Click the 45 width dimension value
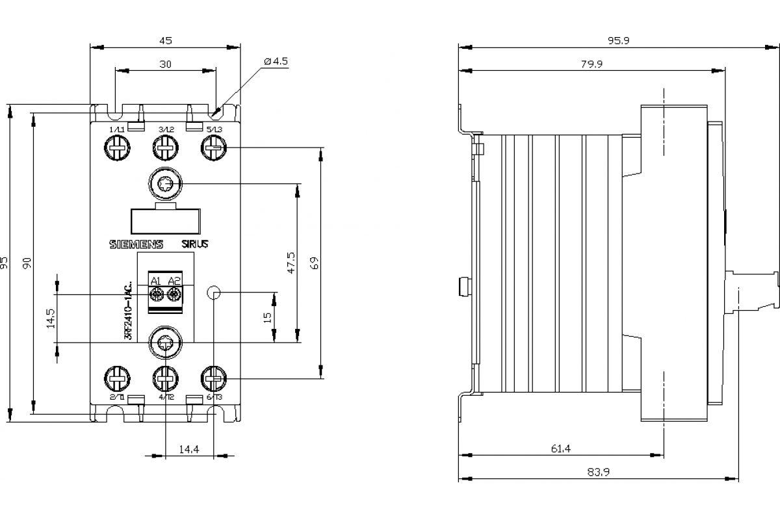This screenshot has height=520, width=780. (165, 40)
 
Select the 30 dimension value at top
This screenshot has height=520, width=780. (165, 64)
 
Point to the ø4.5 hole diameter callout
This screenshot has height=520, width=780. (276, 61)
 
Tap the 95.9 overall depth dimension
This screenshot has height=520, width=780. (619, 40)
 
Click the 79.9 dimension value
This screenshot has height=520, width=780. (591, 64)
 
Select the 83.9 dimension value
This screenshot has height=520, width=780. (598, 473)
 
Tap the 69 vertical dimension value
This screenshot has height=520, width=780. (315, 263)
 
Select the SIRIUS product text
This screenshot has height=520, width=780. (195, 244)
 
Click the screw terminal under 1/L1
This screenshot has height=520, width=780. (118, 149)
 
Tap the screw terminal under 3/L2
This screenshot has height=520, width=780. (166, 149)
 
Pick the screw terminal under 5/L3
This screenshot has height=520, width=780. (214, 149)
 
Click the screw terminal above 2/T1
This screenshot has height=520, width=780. (118, 378)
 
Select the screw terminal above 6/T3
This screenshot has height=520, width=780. (214, 378)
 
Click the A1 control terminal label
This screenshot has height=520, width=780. (156, 281)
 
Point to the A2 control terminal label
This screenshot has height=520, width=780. (174, 281)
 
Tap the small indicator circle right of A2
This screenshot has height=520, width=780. (214, 293)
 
